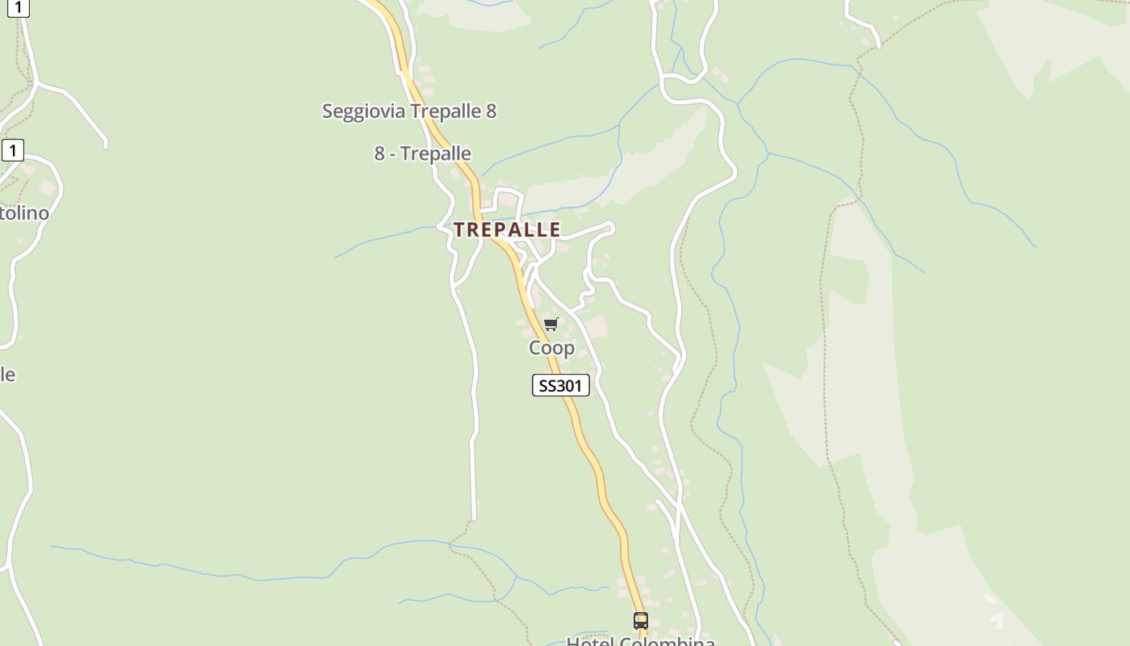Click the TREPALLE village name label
pos(507,229)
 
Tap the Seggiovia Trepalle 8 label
pos(409,111)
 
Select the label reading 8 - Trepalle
pos(422,153)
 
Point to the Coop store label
pos(551,348)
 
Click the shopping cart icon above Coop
pos(551,324)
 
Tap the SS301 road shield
pos(561,386)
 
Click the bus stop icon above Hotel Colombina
pos(641,620)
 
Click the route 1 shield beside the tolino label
pos(13,150)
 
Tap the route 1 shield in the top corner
pos(18,7)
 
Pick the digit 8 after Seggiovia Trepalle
pos(491,111)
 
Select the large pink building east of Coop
pos(596,328)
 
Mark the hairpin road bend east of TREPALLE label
pos(610,229)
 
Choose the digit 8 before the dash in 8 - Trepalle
pos(379,153)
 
